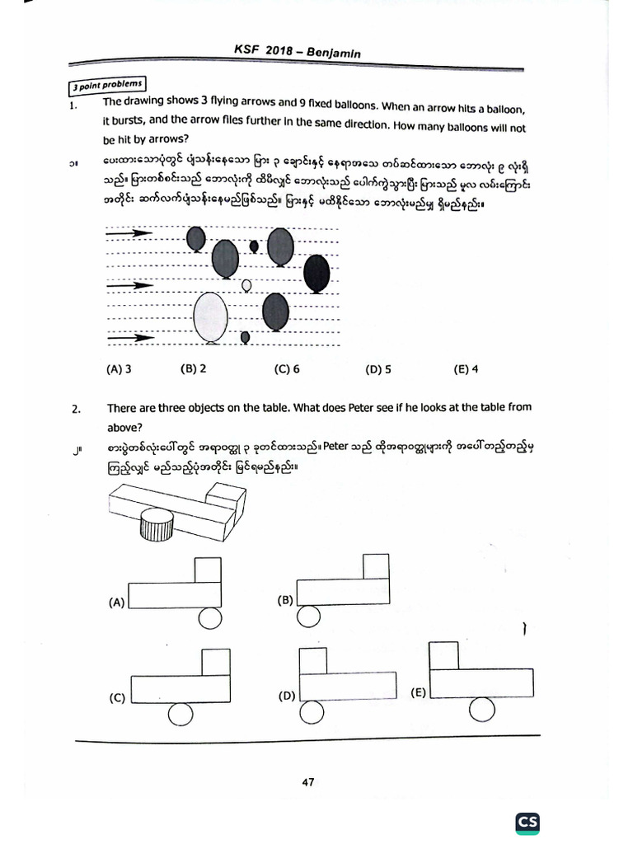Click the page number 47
coord(307,782)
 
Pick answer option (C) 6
coord(287,369)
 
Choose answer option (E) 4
coord(466,369)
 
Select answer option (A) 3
coord(120,369)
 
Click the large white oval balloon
coord(210,317)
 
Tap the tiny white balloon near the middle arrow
coord(246,286)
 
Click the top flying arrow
coord(130,234)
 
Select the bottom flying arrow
coord(132,337)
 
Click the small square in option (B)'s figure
coord(376,567)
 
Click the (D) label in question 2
coord(287,696)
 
